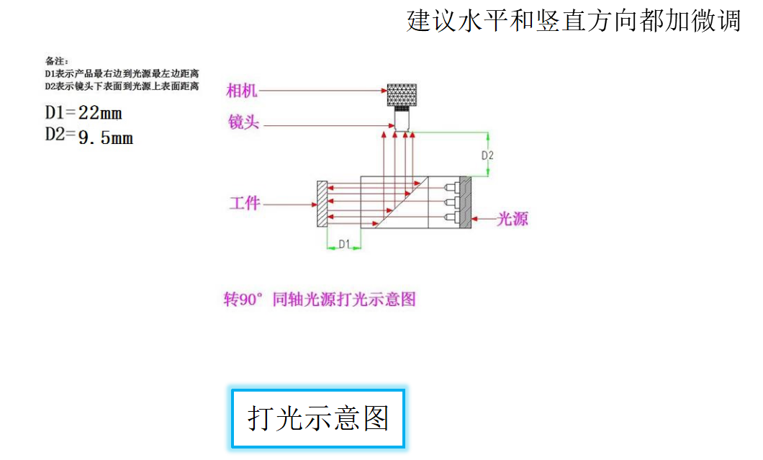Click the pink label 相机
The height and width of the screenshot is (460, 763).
[241, 91]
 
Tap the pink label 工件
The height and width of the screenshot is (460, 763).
[245, 204]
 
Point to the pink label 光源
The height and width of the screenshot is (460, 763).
[513, 220]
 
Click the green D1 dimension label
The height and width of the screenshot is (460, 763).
[343, 245]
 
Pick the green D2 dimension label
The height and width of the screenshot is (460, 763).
[487, 155]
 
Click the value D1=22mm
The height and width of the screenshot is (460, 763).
[83, 113]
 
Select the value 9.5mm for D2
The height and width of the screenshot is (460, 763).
[105, 137]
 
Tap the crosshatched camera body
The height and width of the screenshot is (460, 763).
[402, 94]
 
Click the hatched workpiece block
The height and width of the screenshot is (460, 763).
[322, 204]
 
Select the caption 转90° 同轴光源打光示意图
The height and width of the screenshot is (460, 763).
[320, 299]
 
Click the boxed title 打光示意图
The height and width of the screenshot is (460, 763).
[317, 418]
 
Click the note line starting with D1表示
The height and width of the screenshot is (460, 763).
[122, 73]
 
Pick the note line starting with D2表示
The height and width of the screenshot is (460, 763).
[122, 86]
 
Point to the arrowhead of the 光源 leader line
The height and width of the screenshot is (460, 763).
[477, 219]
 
